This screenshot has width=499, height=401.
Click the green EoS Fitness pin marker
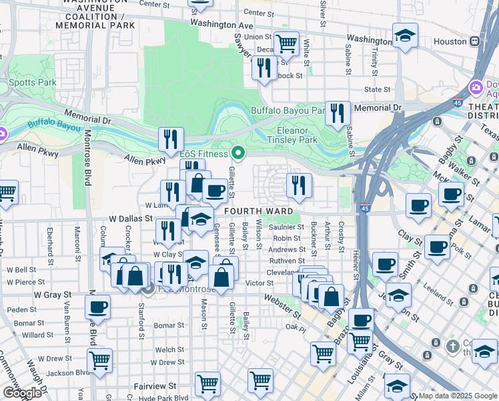237,154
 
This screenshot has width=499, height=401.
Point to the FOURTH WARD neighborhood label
251,211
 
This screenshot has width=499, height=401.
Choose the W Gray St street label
52,294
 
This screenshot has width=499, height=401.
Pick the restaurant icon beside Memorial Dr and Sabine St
338,114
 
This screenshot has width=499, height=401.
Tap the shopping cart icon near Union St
286,43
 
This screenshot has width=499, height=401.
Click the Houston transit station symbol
474,41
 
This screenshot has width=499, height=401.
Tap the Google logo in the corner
23,393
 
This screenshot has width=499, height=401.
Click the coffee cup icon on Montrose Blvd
97,307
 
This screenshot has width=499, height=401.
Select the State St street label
377,90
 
